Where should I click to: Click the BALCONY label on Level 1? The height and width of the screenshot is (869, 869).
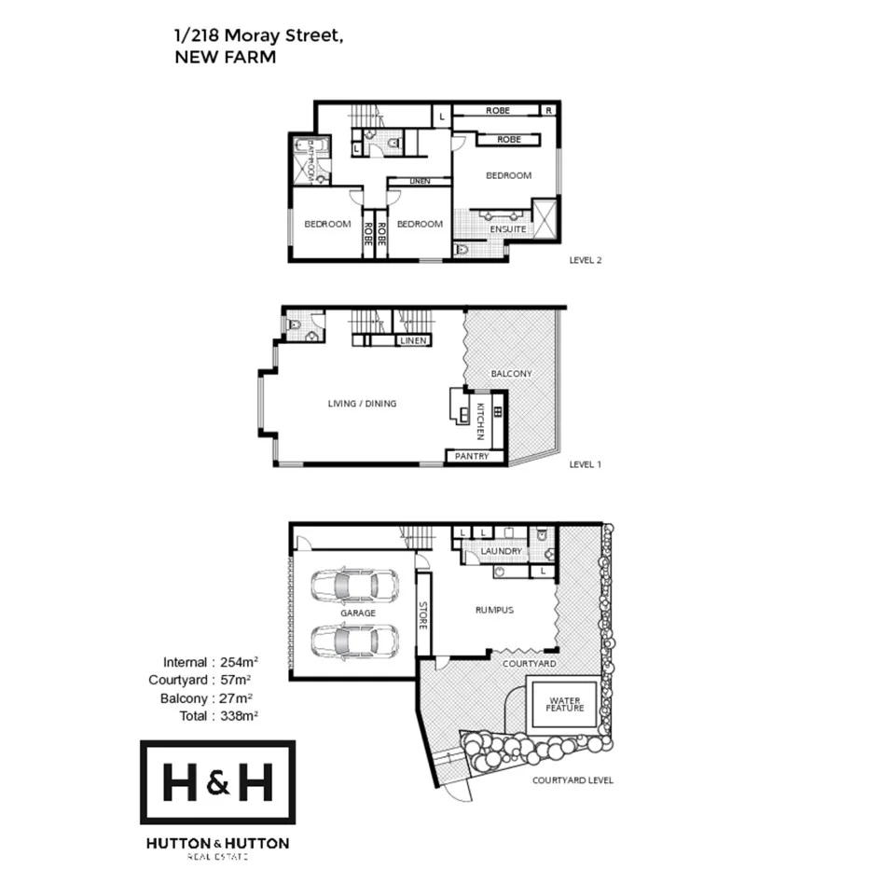coord(511,374)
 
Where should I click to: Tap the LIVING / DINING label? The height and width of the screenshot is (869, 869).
coord(362,404)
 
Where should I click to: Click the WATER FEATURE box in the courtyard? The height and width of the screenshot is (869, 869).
coord(565,704)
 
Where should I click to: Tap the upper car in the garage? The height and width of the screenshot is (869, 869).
coord(354,586)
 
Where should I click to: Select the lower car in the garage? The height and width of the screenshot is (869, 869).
coord(354,641)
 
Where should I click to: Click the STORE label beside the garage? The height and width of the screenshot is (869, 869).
coord(422,614)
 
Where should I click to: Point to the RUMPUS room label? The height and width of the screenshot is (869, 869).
coord(494,611)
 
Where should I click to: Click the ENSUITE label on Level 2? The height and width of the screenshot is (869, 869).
coord(507,229)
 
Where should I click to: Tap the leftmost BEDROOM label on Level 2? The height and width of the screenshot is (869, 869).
coord(327,224)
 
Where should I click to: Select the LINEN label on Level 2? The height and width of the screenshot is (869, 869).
coord(420,181)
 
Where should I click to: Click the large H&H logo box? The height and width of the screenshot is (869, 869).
coord(218,782)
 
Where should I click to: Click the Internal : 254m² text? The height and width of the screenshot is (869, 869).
coord(210,662)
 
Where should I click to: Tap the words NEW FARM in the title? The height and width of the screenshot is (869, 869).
coord(225,57)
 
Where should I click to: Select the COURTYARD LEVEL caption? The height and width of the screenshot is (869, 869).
coord(572,780)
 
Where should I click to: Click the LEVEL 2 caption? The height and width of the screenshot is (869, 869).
coord(586,260)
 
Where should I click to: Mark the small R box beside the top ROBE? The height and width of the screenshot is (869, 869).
coord(549,110)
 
